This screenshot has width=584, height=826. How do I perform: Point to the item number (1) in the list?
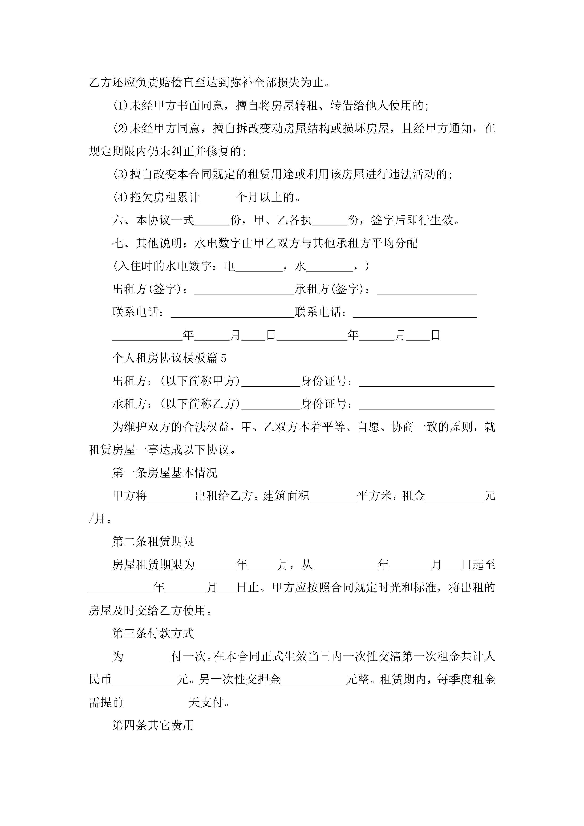(121, 106)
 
